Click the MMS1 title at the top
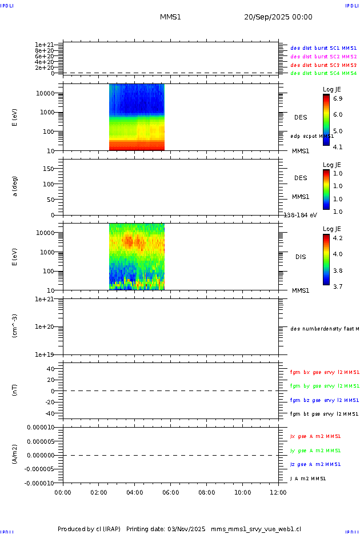(170, 17)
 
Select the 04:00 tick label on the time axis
(134, 492)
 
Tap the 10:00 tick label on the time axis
(242, 492)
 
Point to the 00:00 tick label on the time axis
(63, 492)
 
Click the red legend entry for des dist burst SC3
(323, 65)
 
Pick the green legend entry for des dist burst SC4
(323, 73)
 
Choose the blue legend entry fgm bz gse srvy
(324, 400)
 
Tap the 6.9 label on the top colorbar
(338, 99)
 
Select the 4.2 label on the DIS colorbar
(338, 238)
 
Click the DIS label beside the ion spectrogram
(301, 257)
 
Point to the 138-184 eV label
(301, 215)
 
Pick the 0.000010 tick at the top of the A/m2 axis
(40, 428)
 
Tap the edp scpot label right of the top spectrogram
(311, 136)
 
